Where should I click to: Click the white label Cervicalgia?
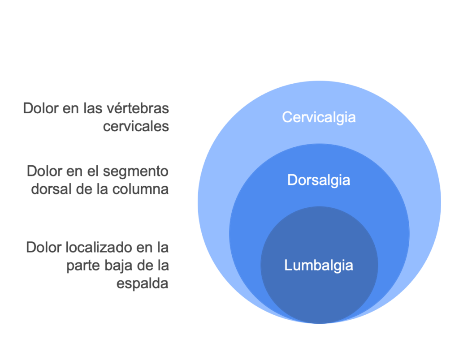[319, 118]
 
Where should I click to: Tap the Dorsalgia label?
[319, 180]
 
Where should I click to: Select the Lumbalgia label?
[319, 265]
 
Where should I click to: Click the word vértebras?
[137, 108]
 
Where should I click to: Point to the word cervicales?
[136, 126]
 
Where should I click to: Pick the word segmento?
[134, 171]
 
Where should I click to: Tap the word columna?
[140, 189]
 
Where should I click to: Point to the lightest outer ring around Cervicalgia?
[319, 97]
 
